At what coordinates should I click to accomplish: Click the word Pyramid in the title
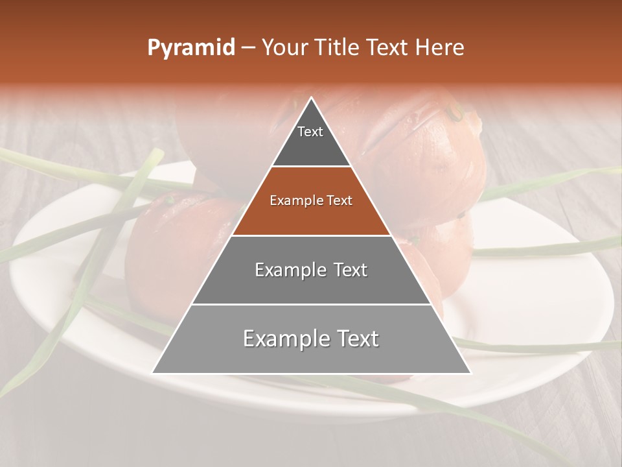(190, 48)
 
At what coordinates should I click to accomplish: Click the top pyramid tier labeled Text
(310, 139)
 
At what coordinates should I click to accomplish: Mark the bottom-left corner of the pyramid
(153, 373)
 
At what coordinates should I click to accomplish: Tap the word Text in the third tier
(347, 270)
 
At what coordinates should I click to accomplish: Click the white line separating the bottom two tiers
(311, 304)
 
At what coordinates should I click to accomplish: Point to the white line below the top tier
(311, 167)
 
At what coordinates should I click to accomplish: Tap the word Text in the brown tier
(340, 201)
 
